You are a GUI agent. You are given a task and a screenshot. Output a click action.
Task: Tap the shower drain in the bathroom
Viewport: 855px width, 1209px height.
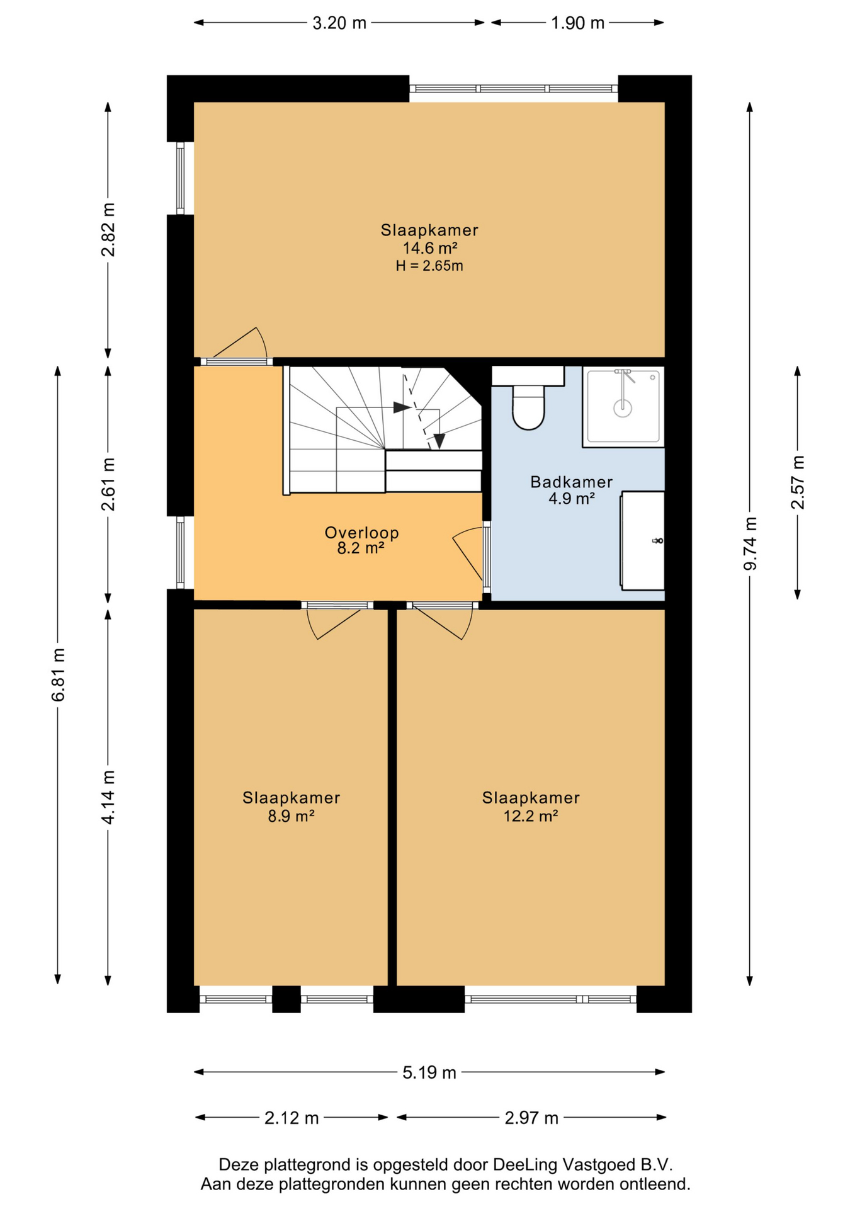pyautogui.click(x=623, y=408)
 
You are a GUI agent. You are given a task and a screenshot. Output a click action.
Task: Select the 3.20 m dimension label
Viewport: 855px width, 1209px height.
pyautogui.click(x=339, y=23)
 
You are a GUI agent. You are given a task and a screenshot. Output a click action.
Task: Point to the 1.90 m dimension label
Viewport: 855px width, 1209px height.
pyautogui.click(x=577, y=23)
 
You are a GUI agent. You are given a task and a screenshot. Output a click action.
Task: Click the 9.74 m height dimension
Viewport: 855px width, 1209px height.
pyautogui.click(x=750, y=543)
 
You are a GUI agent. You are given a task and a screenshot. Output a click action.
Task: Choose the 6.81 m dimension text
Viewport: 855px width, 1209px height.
pyautogui.click(x=58, y=674)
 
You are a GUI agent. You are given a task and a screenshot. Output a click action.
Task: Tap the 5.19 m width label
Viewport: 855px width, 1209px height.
pyautogui.click(x=429, y=1072)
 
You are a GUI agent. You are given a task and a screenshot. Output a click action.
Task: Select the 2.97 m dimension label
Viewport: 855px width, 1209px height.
pyautogui.click(x=531, y=1118)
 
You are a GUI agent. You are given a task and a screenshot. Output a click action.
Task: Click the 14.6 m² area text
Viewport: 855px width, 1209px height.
pyautogui.click(x=430, y=248)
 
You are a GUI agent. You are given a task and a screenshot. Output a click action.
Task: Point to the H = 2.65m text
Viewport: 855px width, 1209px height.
pyautogui.click(x=429, y=266)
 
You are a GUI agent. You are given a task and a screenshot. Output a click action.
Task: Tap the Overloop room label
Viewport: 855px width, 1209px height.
pyautogui.click(x=361, y=533)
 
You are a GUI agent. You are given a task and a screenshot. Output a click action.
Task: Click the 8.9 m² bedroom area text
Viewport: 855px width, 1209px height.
pyautogui.click(x=291, y=816)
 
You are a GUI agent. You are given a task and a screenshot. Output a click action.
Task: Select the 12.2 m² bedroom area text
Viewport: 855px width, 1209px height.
pyautogui.click(x=531, y=816)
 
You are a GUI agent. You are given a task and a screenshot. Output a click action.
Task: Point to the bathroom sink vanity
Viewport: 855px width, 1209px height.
pyautogui.click(x=642, y=540)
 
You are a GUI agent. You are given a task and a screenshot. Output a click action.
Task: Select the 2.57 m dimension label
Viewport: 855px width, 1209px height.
pyautogui.click(x=798, y=482)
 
